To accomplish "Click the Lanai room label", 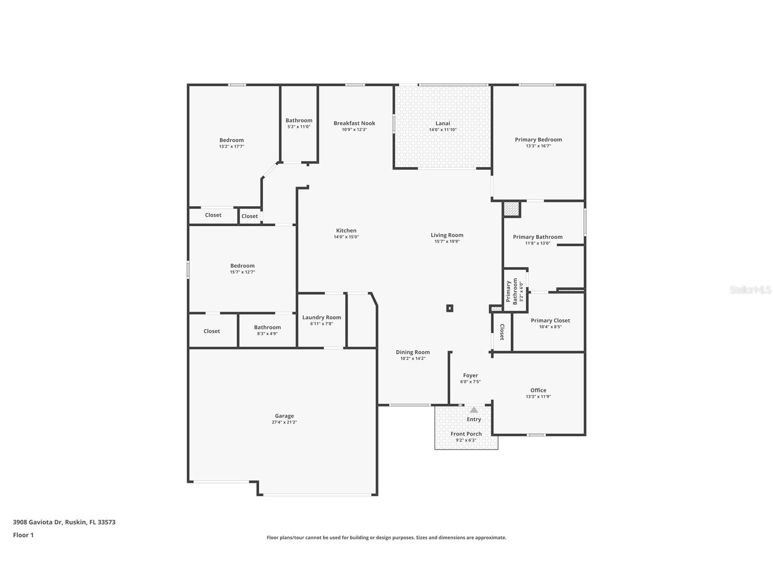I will click(442, 123).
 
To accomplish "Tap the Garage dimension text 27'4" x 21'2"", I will click(284, 422).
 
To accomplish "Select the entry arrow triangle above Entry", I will click(474, 409).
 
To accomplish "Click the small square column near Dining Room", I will click(450, 308).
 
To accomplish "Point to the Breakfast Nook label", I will click(354, 123).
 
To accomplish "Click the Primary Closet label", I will click(550, 321).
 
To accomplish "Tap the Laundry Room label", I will click(322, 317).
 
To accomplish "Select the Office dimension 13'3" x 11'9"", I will click(538, 397).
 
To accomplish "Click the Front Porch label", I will click(466, 434).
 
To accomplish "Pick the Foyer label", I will click(470, 375).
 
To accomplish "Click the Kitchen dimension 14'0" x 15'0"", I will click(346, 237).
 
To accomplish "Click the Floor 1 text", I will click(23, 535).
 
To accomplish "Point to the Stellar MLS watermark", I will click(750, 290).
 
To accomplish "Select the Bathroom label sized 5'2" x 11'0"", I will click(299, 120).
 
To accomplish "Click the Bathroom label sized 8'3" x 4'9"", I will click(267, 327).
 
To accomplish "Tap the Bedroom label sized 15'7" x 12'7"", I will click(242, 266).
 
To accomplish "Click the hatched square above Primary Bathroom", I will click(511, 209).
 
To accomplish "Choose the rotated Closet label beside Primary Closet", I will click(502, 332).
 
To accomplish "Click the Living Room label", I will click(447, 235).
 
